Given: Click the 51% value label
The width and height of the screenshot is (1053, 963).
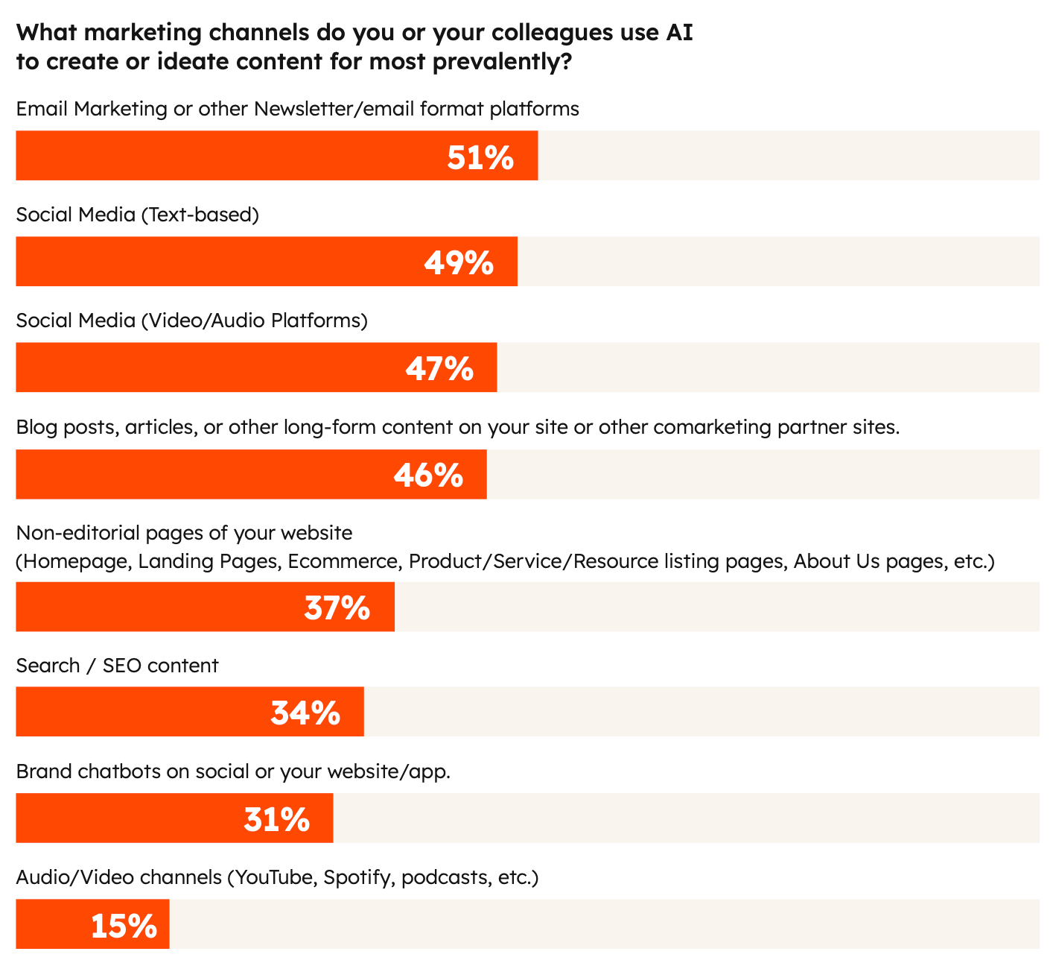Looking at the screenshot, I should (x=480, y=157).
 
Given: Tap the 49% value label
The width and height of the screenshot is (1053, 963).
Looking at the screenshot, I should (x=459, y=263).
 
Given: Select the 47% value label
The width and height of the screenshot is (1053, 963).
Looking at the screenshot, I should (x=439, y=369).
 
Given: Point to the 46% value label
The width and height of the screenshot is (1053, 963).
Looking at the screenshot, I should (x=428, y=476).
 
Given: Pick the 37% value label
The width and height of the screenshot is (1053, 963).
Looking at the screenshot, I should (x=337, y=608).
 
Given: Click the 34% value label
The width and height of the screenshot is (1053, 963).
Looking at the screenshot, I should (x=305, y=713).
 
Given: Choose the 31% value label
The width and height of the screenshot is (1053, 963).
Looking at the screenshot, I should (x=276, y=820).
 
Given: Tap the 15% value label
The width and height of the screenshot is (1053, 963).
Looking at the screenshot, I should (x=124, y=926).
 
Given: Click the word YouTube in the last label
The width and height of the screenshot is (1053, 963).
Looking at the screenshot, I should (x=274, y=878).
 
